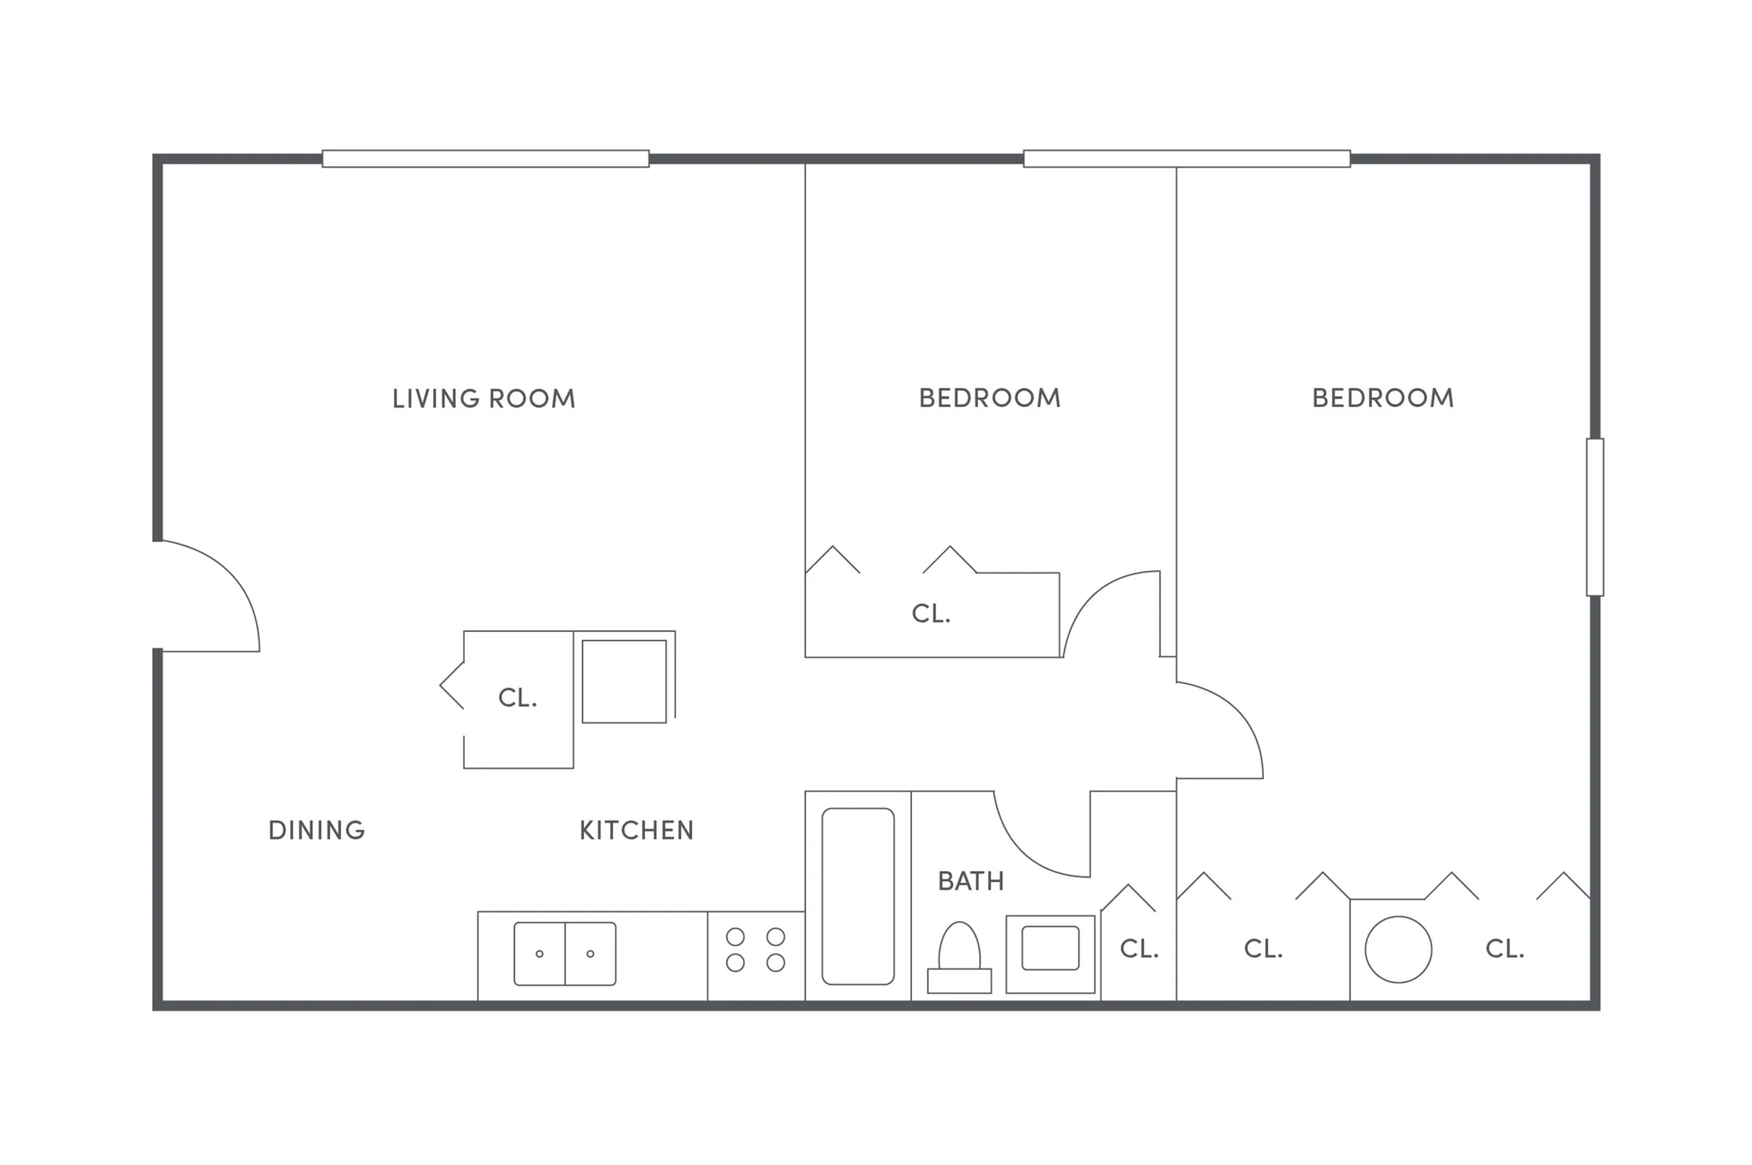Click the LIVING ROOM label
click(484, 399)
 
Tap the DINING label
click(316, 831)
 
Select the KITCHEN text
click(636, 831)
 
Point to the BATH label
click(971, 882)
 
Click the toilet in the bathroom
click(959, 958)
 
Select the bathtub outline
click(858, 897)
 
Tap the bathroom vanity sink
click(1050, 948)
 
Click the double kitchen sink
click(564, 954)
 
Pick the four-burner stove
click(756, 950)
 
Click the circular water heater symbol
click(1397, 950)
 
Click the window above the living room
click(485, 159)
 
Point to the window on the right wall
click(1595, 517)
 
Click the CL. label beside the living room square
click(517, 698)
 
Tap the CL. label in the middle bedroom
click(931, 614)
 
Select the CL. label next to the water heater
click(1505, 949)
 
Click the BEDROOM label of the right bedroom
click(1383, 398)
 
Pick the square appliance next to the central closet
click(624, 681)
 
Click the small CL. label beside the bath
click(1139, 949)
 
